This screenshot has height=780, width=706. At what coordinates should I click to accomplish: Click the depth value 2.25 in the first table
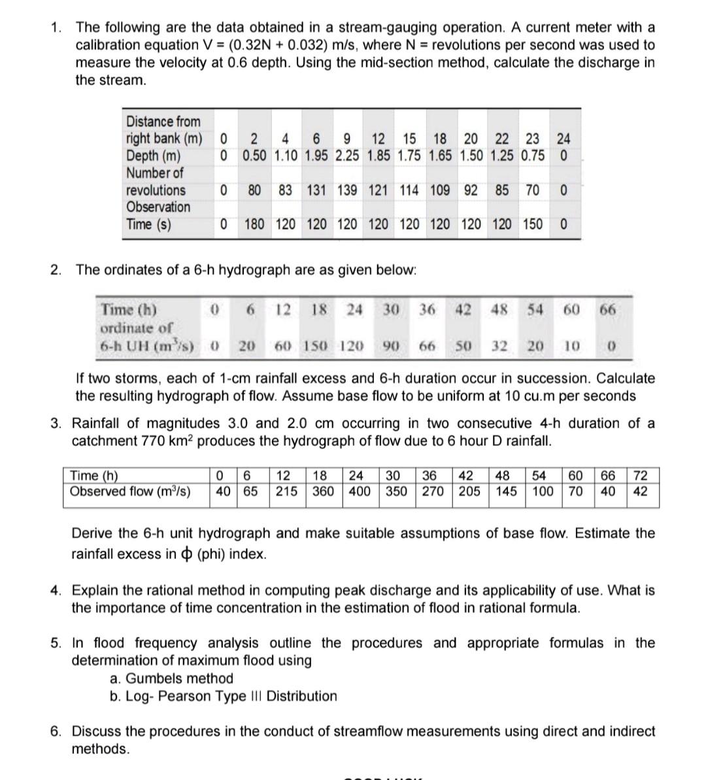(x=349, y=156)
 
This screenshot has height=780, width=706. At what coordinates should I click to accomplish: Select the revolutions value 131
(x=317, y=190)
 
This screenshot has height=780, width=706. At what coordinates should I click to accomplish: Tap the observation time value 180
(x=254, y=224)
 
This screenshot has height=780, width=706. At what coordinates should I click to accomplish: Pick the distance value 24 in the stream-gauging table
(x=563, y=139)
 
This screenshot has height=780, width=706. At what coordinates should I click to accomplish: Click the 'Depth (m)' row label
(x=154, y=156)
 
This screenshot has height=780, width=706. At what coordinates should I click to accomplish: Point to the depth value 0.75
(x=533, y=156)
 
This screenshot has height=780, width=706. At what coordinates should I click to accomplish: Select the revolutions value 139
(x=349, y=190)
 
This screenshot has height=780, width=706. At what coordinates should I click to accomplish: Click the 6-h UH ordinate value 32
(x=499, y=345)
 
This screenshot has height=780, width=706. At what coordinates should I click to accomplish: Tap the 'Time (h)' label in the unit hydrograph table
(x=129, y=309)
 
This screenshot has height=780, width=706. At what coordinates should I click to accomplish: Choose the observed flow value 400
(x=360, y=491)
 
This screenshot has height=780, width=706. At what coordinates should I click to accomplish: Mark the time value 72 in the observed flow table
(x=641, y=476)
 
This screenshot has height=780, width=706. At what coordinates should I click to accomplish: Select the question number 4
(x=57, y=590)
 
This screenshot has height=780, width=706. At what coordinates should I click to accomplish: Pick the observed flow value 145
(x=506, y=491)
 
